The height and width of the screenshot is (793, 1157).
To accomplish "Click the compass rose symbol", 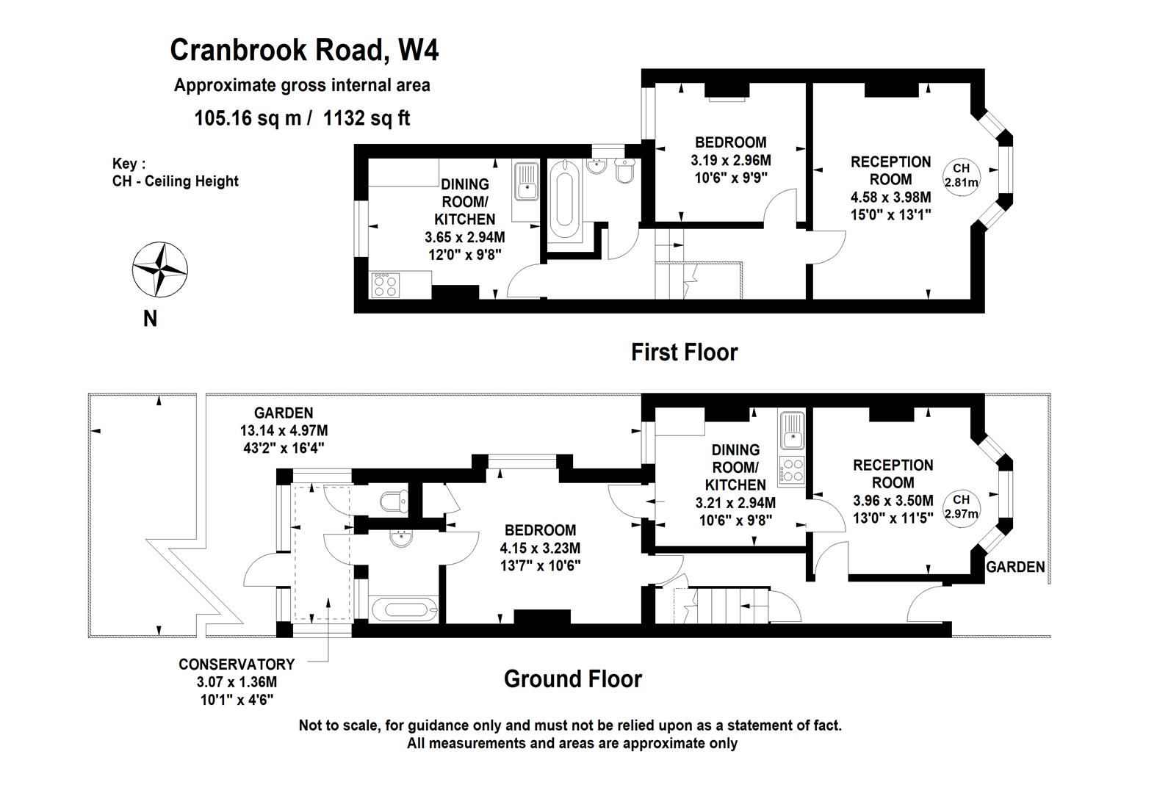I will [x=160, y=269].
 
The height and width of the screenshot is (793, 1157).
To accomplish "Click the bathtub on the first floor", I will [x=565, y=200].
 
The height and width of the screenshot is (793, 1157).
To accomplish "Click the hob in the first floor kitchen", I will [x=386, y=285].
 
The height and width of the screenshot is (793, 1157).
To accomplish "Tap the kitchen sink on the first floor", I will [x=526, y=182].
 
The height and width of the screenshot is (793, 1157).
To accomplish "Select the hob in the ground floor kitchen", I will [x=793, y=470].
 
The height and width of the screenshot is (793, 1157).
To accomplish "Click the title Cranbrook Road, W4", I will [x=304, y=51].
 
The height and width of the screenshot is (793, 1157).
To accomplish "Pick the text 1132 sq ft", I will [x=367, y=117].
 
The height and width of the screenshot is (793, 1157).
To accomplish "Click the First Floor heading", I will [x=684, y=352].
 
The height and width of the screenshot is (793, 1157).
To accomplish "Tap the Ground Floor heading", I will [x=573, y=678].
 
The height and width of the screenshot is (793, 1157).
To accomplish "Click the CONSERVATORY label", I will [x=237, y=665].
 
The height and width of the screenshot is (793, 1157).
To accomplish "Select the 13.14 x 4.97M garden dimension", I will [x=284, y=430].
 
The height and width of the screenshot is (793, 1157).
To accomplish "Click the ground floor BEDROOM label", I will [x=540, y=530].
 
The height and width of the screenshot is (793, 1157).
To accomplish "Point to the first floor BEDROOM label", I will [x=730, y=142].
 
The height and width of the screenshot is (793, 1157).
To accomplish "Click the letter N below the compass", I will [x=150, y=319].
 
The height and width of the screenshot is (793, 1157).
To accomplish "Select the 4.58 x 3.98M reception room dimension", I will [x=890, y=198].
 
